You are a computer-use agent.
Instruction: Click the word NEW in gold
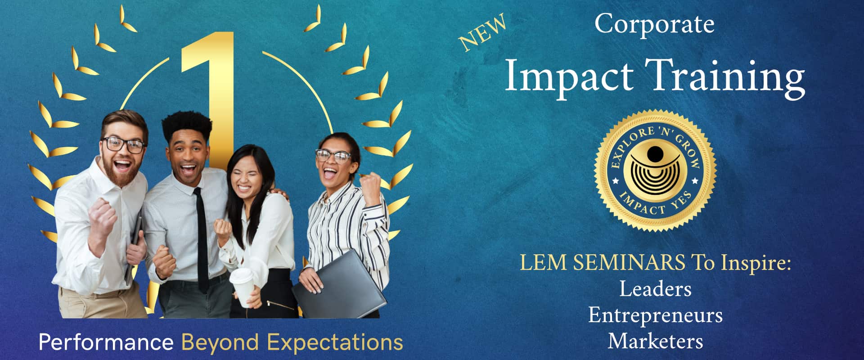[x=482, y=32]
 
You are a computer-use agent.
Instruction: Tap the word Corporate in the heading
[x=654, y=24]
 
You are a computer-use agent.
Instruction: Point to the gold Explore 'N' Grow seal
[x=655, y=171]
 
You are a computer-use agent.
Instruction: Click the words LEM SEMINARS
[x=603, y=262]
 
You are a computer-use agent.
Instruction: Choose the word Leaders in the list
[x=655, y=289]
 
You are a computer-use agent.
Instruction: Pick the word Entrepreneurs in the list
[x=655, y=315]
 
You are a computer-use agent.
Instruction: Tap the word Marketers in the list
[x=655, y=341]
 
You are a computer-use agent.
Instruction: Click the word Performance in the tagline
[x=106, y=342]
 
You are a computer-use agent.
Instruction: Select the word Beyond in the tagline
[x=220, y=343]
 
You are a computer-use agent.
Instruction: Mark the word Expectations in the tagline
[x=335, y=343]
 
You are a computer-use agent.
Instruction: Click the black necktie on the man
[x=201, y=238]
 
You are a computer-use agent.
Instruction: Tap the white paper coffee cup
[x=242, y=287]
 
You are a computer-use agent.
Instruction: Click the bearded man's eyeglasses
[x=123, y=145]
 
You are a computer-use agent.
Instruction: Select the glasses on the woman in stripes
[x=333, y=156]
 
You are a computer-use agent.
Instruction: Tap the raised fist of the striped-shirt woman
[x=371, y=184]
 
